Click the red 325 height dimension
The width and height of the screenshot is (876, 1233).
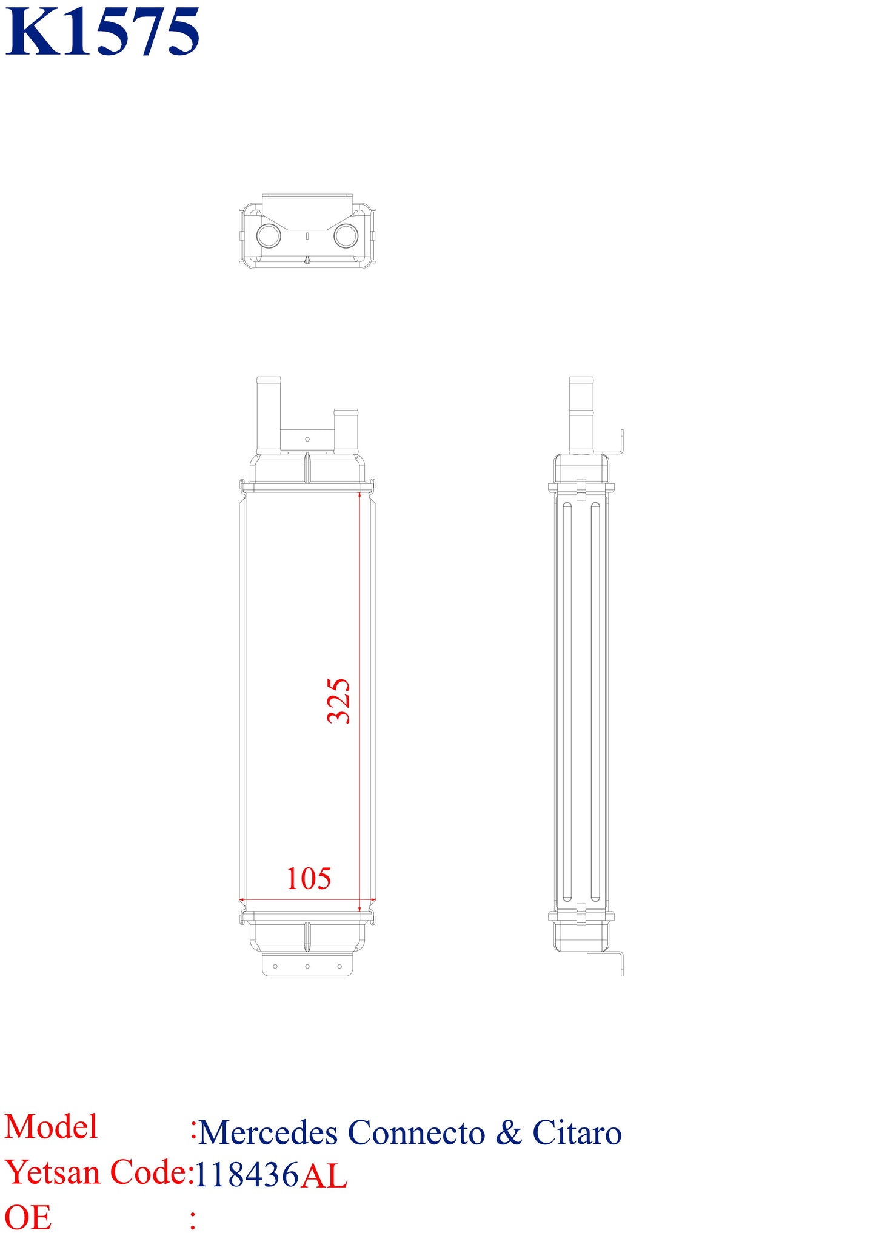339,701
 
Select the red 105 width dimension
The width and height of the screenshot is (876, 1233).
309,878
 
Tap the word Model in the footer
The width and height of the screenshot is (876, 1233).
51,1127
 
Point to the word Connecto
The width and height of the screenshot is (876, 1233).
416,1132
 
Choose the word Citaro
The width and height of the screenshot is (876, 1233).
577,1132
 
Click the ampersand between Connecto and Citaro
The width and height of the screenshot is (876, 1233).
509,1132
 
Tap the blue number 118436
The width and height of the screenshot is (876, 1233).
247,1175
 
